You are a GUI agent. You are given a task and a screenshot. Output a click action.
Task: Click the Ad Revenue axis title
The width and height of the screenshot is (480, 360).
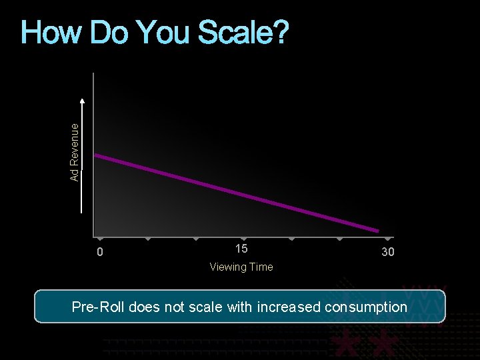(x=75, y=151)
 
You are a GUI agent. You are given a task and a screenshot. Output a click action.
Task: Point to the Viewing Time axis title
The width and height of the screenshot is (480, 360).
(x=241, y=267)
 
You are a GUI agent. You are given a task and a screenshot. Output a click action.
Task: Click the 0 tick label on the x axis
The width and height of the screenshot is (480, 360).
(x=99, y=253)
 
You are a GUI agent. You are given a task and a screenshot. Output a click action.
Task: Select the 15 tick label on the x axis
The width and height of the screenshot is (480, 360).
(x=241, y=249)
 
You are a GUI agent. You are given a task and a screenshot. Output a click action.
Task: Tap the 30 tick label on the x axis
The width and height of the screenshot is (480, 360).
(x=387, y=252)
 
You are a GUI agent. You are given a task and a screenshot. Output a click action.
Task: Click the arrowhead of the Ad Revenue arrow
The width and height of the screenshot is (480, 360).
(x=82, y=101)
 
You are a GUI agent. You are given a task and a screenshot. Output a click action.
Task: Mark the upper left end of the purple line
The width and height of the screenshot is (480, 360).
(x=95, y=155)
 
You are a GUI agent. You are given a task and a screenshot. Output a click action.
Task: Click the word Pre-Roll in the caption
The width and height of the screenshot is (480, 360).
(x=97, y=307)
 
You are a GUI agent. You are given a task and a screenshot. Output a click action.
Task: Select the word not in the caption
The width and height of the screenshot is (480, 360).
(x=176, y=307)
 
